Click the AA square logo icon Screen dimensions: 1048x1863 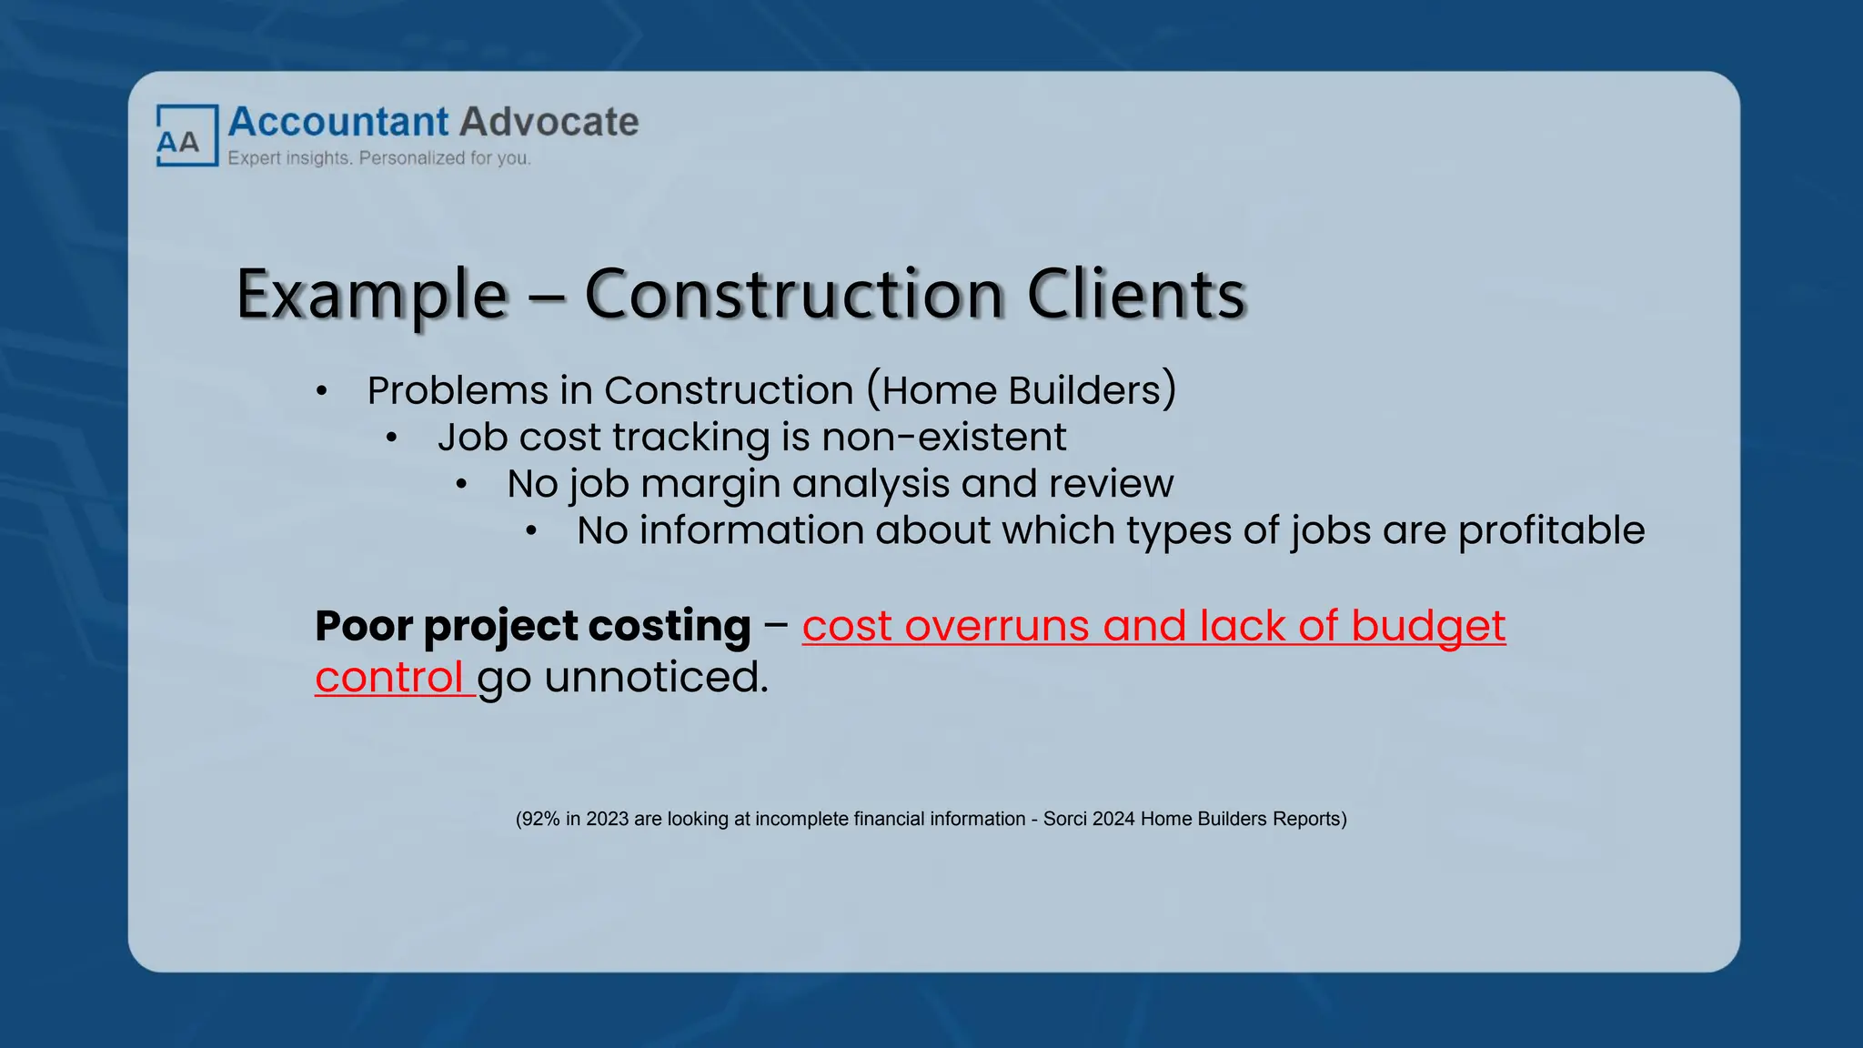(x=186, y=136)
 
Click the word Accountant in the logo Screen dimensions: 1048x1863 (x=337, y=122)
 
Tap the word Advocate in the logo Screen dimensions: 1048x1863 (x=549, y=122)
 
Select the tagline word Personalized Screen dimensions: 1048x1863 (x=412, y=158)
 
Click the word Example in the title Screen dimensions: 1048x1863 (x=371, y=295)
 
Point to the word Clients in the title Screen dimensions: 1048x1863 (x=1135, y=295)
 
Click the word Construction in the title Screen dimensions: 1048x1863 (x=794, y=295)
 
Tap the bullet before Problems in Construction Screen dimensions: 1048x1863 (x=321, y=392)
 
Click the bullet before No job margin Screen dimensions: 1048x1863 (x=461, y=485)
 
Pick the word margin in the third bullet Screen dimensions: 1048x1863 (x=710, y=484)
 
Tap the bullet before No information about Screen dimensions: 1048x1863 (x=531, y=531)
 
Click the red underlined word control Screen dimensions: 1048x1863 (x=390, y=678)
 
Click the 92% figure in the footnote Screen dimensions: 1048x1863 (x=540, y=819)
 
